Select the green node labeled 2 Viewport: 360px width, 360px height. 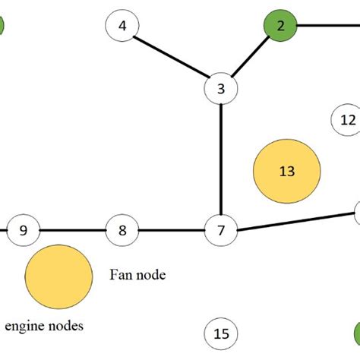(x=281, y=26)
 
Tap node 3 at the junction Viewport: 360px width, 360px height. (x=221, y=89)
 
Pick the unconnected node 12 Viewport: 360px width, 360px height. (x=348, y=119)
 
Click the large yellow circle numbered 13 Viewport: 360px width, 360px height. (x=286, y=172)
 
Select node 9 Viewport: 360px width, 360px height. (x=23, y=229)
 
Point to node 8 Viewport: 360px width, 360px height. (x=122, y=229)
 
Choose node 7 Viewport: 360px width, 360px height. (x=221, y=229)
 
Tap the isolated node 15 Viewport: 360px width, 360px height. (x=221, y=333)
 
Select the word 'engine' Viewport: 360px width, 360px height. (x=24, y=327)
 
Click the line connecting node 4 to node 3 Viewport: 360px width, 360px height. (x=172, y=57)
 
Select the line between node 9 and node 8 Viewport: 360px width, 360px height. (x=72, y=229)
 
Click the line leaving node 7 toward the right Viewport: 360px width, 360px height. (x=296, y=220)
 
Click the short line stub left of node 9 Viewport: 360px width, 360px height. (x=3, y=229)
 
